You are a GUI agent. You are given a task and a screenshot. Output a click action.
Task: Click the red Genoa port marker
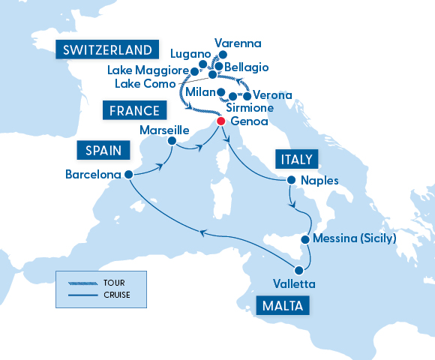220,121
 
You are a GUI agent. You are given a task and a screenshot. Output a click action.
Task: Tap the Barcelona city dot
128,174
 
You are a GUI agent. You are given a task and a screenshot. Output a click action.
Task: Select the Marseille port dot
172,140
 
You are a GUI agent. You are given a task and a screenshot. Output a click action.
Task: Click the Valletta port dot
298,270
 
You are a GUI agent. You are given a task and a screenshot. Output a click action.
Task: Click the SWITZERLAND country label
109,50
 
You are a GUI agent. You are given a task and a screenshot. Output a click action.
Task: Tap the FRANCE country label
134,112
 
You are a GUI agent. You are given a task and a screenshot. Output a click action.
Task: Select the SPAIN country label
99,150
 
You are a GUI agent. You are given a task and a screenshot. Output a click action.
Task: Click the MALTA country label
285,305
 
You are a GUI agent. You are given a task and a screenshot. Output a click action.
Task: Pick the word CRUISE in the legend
118,295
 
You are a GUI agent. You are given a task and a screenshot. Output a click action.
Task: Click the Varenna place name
238,43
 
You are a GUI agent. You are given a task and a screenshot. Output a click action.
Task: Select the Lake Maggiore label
147,70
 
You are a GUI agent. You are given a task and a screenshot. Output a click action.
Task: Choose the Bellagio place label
246,67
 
